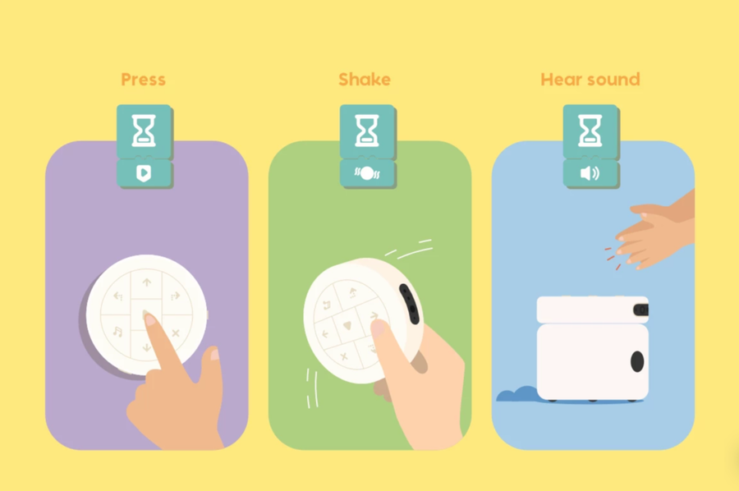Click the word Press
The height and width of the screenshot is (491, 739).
point(143,79)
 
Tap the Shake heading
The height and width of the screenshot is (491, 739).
point(365,79)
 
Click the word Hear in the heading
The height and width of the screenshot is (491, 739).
point(562,79)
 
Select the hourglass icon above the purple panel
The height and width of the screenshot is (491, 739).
point(144,131)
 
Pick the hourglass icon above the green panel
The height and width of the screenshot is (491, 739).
point(367,131)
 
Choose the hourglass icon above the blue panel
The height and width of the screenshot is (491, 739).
point(590,131)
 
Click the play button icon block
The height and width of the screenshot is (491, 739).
point(144,173)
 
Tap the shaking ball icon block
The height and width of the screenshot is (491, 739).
point(367,173)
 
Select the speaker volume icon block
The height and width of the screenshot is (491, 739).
point(590,173)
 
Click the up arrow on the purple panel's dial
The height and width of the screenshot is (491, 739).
point(147,282)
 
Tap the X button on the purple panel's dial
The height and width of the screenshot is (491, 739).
point(176,333)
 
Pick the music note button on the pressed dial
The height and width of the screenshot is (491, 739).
point(117,332)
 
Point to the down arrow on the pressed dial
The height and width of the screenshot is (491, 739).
point(147,347)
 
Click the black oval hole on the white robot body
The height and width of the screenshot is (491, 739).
point(637,361)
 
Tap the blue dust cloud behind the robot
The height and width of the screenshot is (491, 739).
point(517,395)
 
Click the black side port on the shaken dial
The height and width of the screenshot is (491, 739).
point(409,304)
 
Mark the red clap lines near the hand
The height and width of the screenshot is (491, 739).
point(613,258)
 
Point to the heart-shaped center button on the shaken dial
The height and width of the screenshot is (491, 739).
point(347,325)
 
